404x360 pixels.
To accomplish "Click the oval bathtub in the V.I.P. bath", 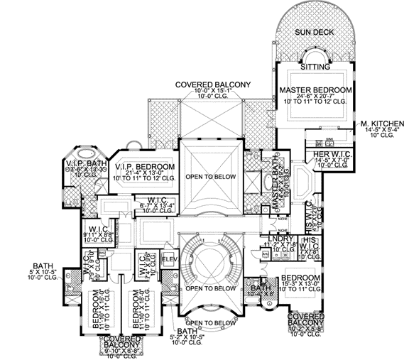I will (86, 152).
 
